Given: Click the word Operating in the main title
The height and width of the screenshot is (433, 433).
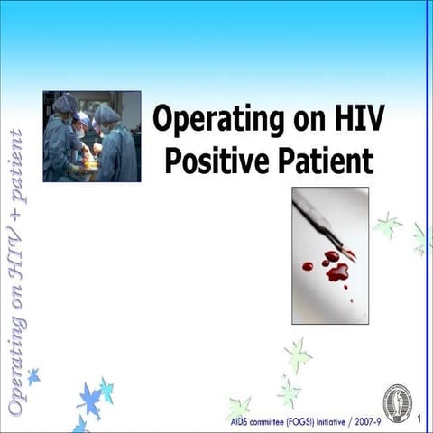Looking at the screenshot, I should [212, 119].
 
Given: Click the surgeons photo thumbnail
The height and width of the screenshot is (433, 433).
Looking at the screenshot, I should [91, 136].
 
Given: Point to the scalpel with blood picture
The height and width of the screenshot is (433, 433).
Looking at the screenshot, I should [330, 255].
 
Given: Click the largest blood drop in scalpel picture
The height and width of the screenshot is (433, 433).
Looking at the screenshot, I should [337, 272].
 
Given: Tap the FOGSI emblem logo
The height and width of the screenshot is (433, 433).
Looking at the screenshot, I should [397, 402].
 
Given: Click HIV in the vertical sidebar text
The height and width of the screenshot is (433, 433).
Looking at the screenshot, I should [15, 250].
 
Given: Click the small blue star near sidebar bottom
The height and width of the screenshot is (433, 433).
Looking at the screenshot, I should [33, 376].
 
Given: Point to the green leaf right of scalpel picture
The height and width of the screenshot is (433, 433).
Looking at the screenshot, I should [388, 226].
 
